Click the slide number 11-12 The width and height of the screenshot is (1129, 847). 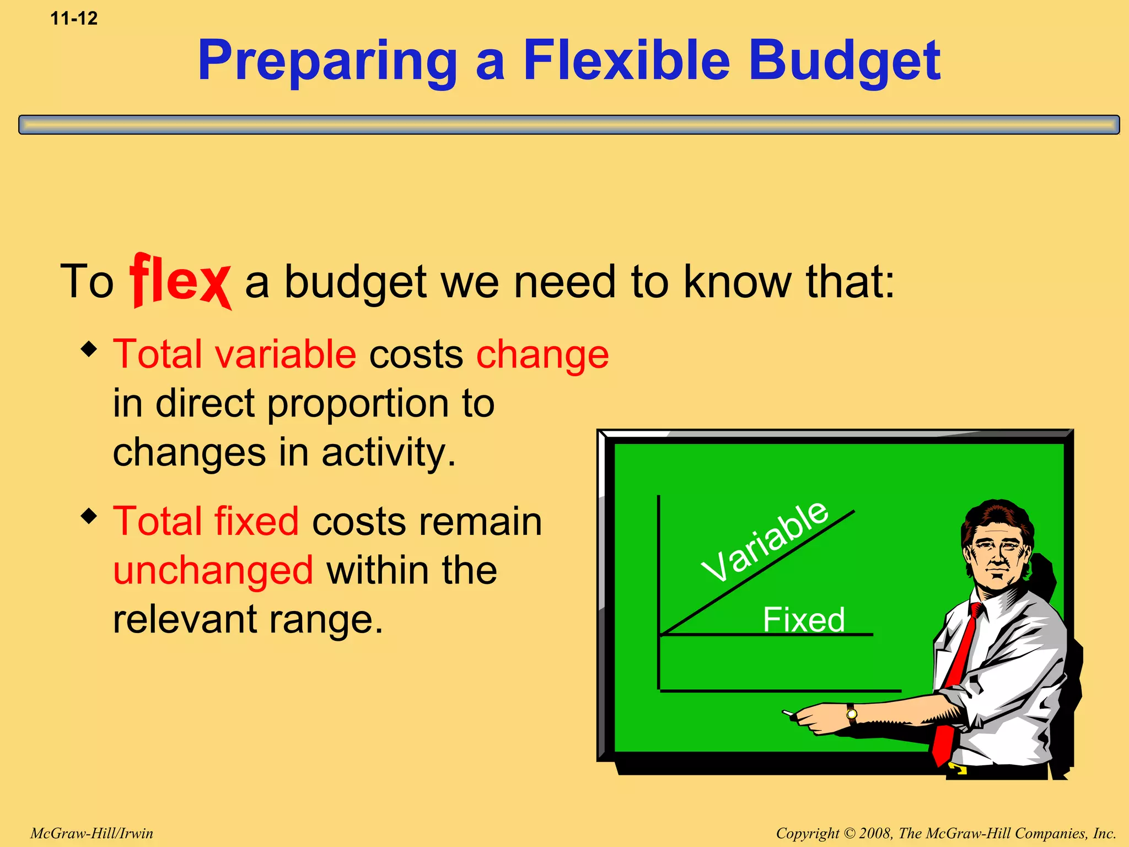(x=74, y=19)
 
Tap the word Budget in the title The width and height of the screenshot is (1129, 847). (x=844, y=62)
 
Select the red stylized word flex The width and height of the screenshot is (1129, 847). (x=180, y=281)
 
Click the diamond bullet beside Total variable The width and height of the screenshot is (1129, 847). (x=89, y=350)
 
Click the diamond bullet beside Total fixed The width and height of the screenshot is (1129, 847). (x=89, y=517)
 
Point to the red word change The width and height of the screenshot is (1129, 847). (x=542, y=355)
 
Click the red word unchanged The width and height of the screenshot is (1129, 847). (x=213, y=570)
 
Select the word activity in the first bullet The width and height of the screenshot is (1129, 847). (x=389, y=453)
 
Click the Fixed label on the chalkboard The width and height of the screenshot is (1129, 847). (x=803, y=619)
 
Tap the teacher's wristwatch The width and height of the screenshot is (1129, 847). (x=852, y=714)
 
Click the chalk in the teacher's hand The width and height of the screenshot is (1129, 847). (x=788, y=714)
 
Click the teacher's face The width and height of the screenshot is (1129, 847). (x=996, y=554)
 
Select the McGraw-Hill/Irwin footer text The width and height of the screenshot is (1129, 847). (x=92, y=833)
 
